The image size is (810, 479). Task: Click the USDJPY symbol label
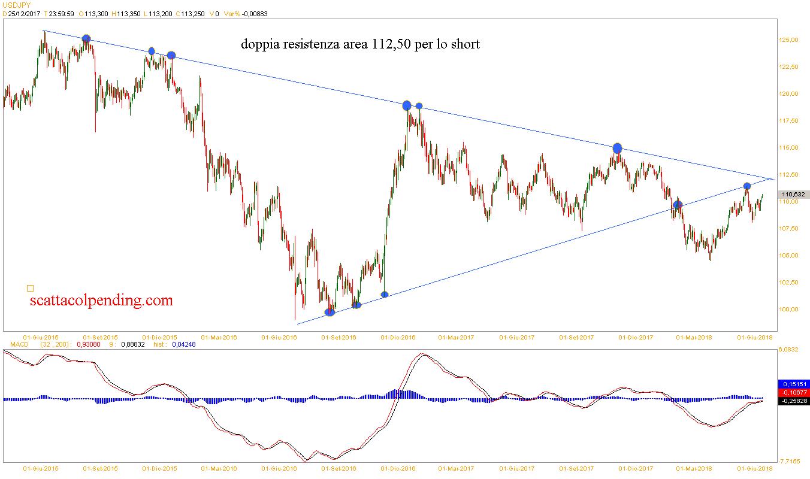[x=17, y=5]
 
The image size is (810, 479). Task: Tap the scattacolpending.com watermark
[x=101, y=300]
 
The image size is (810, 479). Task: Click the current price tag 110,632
[x=793, y=194]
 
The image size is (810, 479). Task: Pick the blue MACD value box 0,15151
[x=793, y=384]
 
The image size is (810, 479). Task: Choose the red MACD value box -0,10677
[x=793, y=392]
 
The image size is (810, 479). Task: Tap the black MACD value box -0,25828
[x=793, y=401]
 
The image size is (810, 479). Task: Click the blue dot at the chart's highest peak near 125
[x=86, y=39]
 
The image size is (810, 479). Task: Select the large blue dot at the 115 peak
[x=618, y=148]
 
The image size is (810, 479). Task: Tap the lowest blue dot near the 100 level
[x=330, y=312]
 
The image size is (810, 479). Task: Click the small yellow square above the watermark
[x=31, y=288]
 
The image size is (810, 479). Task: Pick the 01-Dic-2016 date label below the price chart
[x=398, y=337]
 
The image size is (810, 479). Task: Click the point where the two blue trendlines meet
[x=770, y=178]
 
